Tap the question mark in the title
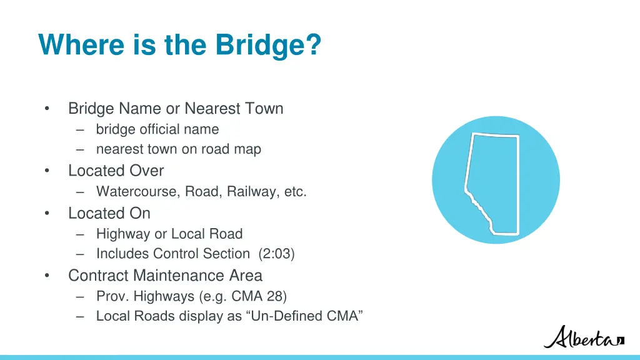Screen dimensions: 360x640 tap(314, 46)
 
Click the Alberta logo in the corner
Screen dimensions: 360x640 tap(583, 337)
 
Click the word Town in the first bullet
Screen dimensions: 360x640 tap(264, 109)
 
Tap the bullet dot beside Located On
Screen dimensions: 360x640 tap(46, 213)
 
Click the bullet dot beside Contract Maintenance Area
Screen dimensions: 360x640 tap(46, 276)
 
